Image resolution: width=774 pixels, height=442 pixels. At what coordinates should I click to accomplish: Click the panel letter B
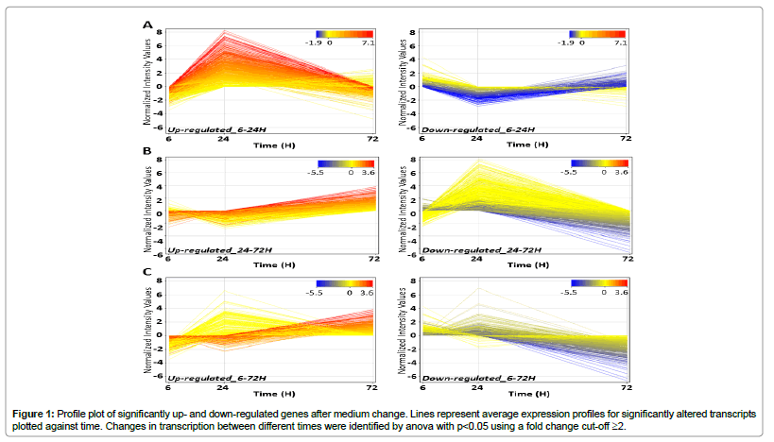click(x=147, y=149)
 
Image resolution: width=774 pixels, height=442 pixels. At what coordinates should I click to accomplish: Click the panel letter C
click(x=147, y=273)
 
